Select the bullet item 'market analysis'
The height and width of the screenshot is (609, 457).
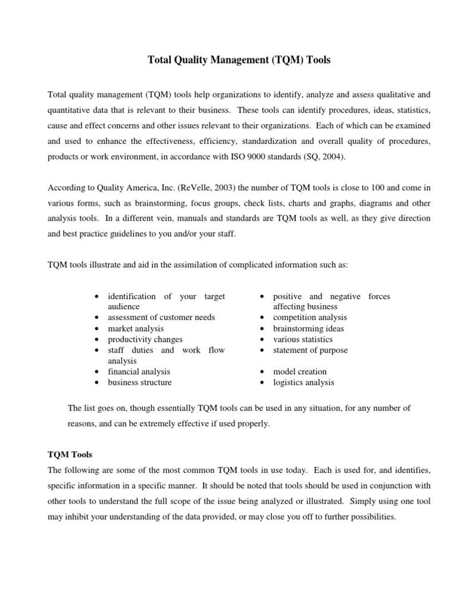136,328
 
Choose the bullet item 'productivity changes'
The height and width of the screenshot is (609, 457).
145,339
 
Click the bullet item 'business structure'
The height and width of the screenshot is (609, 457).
139,382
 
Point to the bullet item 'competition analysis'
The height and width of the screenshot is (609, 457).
309,318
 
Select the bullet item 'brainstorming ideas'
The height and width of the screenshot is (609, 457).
308,328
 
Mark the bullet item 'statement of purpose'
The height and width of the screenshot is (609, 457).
310,350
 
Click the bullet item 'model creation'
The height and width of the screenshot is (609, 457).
299,372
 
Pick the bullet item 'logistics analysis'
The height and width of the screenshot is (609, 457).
303,382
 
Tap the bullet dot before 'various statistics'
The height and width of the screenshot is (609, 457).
262,340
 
